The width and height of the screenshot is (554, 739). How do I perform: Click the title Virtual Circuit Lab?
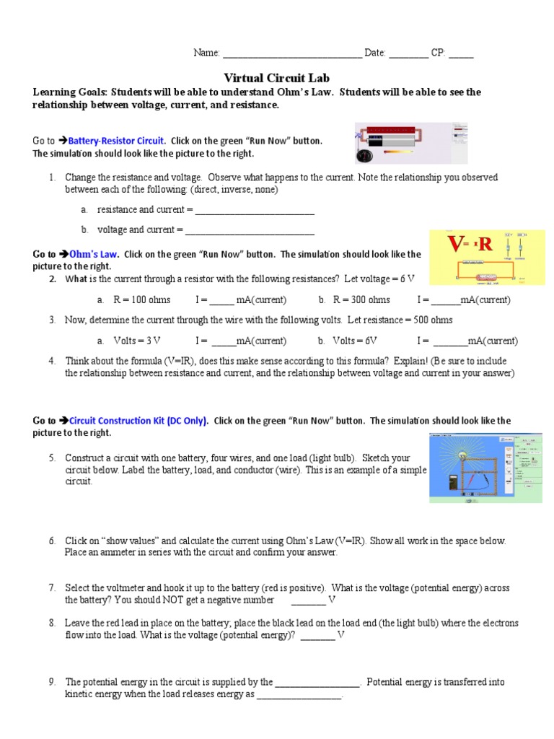coord(277,78)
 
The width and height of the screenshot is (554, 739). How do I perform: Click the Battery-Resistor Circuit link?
coord(117,141)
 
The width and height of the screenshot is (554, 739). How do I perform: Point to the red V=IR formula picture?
coord(487,258)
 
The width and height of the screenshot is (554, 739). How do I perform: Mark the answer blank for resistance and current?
coord(255,211)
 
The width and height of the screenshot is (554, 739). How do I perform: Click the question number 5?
coord(52,458)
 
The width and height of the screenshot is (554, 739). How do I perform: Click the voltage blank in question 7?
coord(308,600)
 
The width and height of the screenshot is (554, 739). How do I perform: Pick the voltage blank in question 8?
coord(317,636)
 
